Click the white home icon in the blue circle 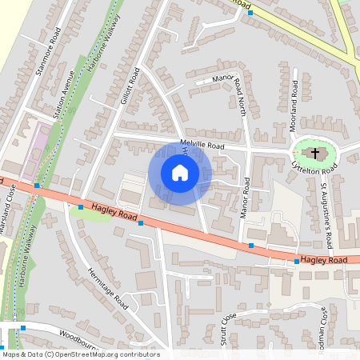[x=180, y=173]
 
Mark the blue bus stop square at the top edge [x=250, y=13]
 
